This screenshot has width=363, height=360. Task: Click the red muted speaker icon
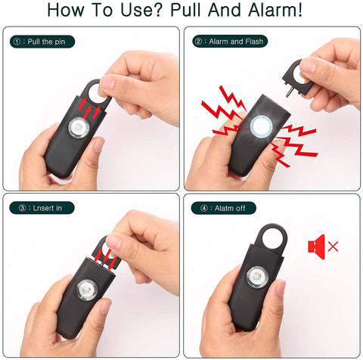[x=315, y=245]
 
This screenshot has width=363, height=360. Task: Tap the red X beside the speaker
[x=333, y=247]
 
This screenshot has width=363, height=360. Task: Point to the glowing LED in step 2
[x=260, y=125]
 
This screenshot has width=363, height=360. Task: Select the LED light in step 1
[x=78, y=128]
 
